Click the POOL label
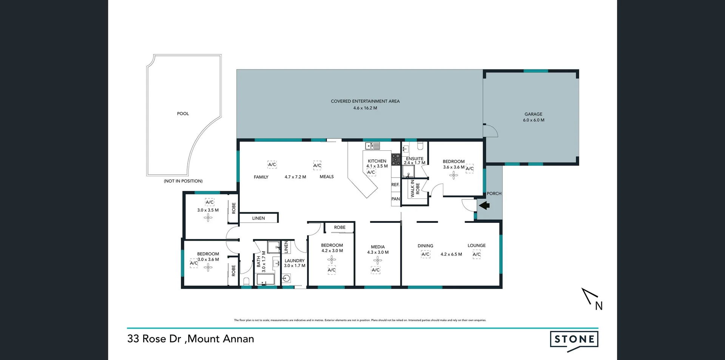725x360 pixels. (183, 114)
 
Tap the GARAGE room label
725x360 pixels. (533, 114)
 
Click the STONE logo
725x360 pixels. (574, 339)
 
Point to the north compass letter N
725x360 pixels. (599, 306)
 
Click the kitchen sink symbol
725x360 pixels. (372, 146)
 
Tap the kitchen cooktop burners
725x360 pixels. (395, 159)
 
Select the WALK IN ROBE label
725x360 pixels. (415, 188)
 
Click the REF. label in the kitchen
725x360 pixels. (395, 185)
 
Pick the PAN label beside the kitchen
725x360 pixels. (395, 199)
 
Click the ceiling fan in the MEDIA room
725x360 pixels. (378, 260)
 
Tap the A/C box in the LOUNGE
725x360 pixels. (477, 255)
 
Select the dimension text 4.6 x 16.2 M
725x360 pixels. (365, 108)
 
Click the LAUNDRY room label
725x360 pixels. (295, 261)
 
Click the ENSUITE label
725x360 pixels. (415, 159)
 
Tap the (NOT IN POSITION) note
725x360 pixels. (183, 181)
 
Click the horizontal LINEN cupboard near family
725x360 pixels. (259, 218)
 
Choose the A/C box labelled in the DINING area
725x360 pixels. (426, 255)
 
